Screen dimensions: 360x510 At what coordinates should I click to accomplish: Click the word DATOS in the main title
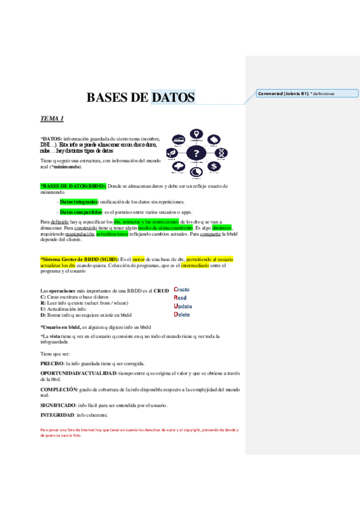[173, 97]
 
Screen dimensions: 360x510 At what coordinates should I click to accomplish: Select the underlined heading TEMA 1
[52, 118]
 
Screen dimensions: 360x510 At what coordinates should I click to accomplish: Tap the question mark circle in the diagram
[196, 153]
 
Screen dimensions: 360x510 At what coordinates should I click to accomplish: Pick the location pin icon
[196, 134]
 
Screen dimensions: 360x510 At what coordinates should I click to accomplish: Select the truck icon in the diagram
[178, 140]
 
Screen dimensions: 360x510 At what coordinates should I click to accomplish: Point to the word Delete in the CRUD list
[183, 314]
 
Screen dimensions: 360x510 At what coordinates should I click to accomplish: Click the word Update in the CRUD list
[183, 306]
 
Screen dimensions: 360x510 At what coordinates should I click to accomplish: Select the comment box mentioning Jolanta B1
[307, 93]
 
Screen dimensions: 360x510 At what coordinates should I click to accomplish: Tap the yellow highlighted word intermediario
[200, 265]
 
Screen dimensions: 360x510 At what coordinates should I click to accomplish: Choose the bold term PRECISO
[52, 364]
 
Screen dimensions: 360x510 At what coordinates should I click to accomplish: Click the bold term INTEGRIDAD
[57, 415]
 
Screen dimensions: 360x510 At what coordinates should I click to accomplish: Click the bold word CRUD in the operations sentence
[161, 290]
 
